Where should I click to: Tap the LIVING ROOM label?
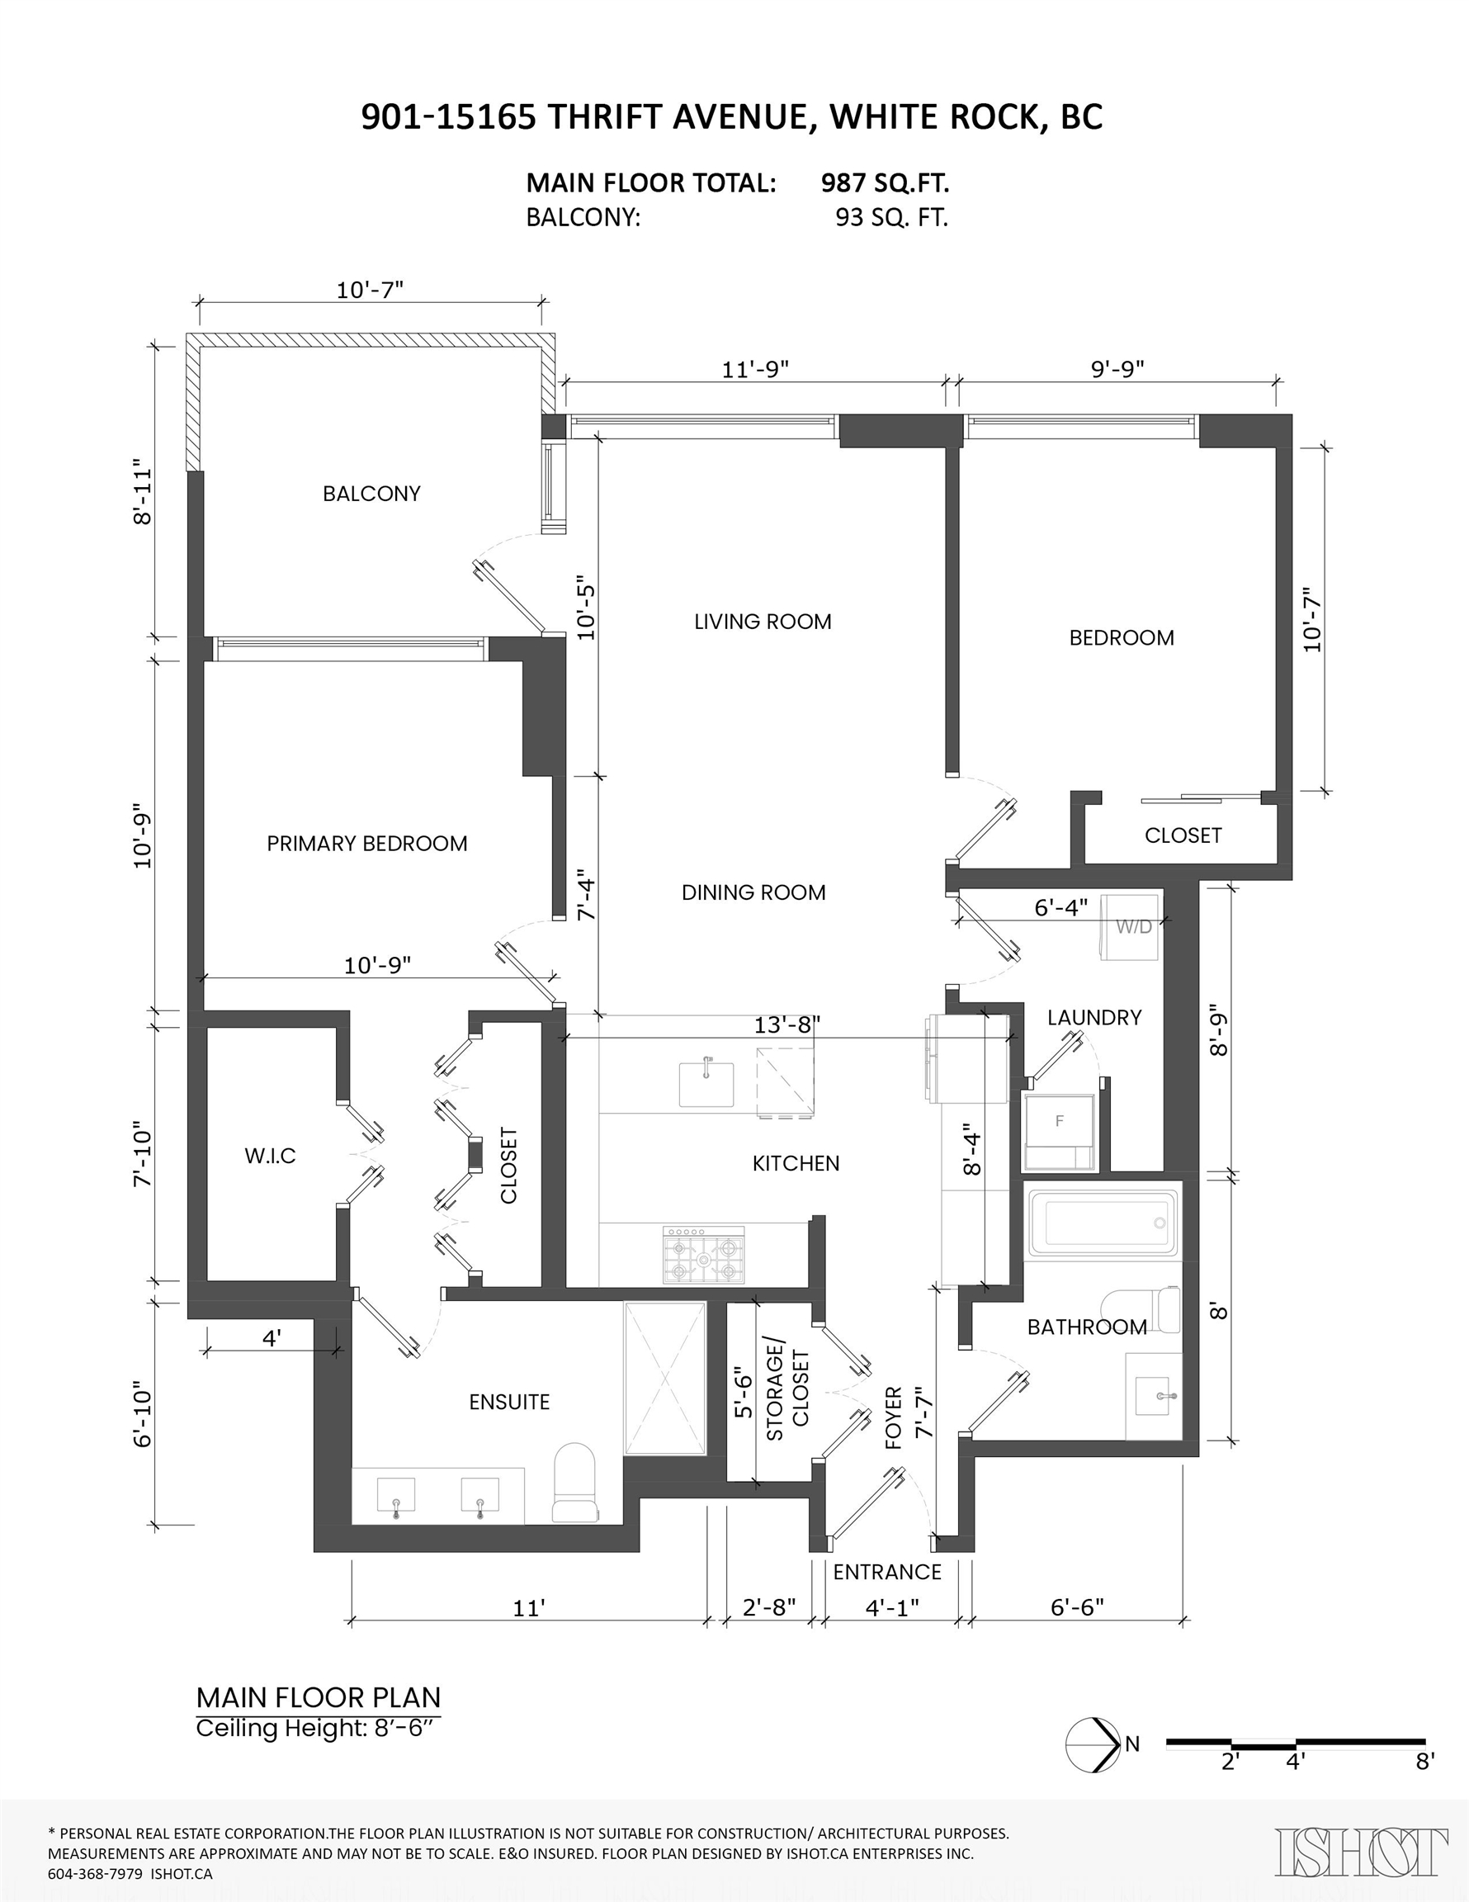[762, 622]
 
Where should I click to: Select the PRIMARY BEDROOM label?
[366, 843]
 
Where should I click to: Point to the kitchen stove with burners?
[705, 1255]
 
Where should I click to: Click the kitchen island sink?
[706, 1083]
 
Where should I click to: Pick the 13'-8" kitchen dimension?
[786, 1025]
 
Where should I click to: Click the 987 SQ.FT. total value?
[885, 183]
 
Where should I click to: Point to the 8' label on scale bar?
[1424, 1761]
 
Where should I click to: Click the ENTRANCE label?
[886, 1572]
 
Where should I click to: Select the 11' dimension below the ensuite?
[528, 1607]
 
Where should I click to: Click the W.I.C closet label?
[270, 1156]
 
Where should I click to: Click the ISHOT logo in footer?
[1361, 1852]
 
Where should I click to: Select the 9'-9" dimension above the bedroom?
[1117, 369]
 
